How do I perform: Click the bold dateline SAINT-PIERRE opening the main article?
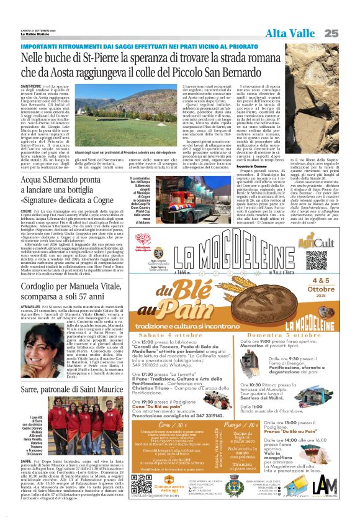[x=30, y=86]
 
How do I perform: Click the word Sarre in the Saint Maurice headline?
[x=30, y=389]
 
